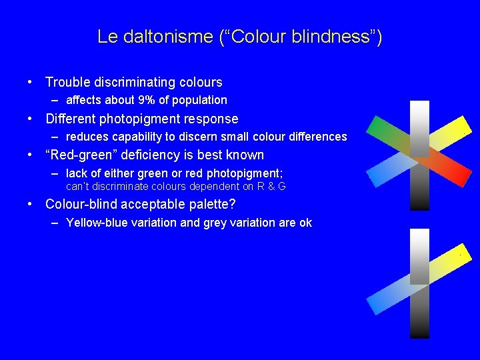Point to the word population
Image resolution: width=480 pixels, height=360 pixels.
(x=199, y=100)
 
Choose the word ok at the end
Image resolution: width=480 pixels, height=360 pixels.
(x=305, y=223)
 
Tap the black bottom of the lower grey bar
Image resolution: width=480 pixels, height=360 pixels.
(x=419, y=333)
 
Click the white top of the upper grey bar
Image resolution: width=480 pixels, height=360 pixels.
(x=419, y=107)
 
